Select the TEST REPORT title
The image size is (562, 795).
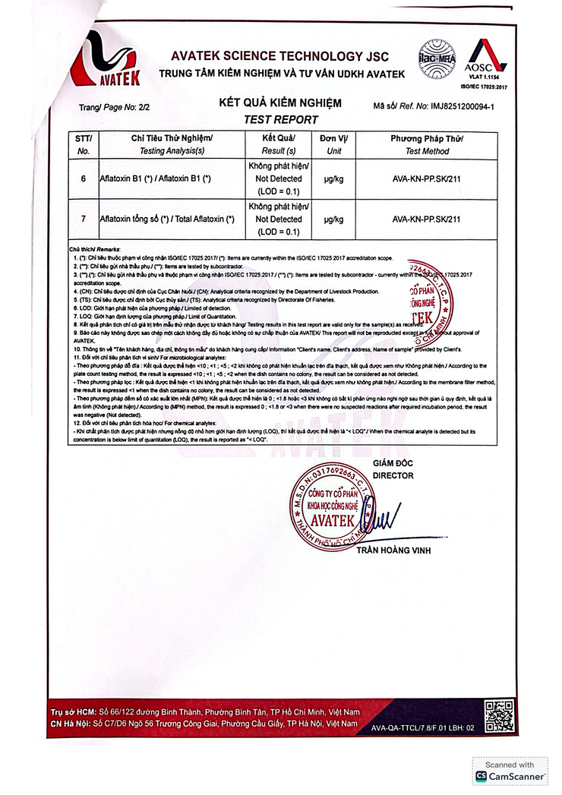point(280,119)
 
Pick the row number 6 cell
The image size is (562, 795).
point(83,179)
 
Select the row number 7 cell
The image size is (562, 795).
point(83,219)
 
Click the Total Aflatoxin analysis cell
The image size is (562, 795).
point(167,219)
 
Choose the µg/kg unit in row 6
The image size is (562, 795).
point(333,179)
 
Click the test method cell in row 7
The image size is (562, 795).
point(426,219)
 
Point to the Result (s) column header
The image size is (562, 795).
point(278,151)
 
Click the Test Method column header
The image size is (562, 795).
point(427,151)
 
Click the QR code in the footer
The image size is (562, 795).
point(500,716)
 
